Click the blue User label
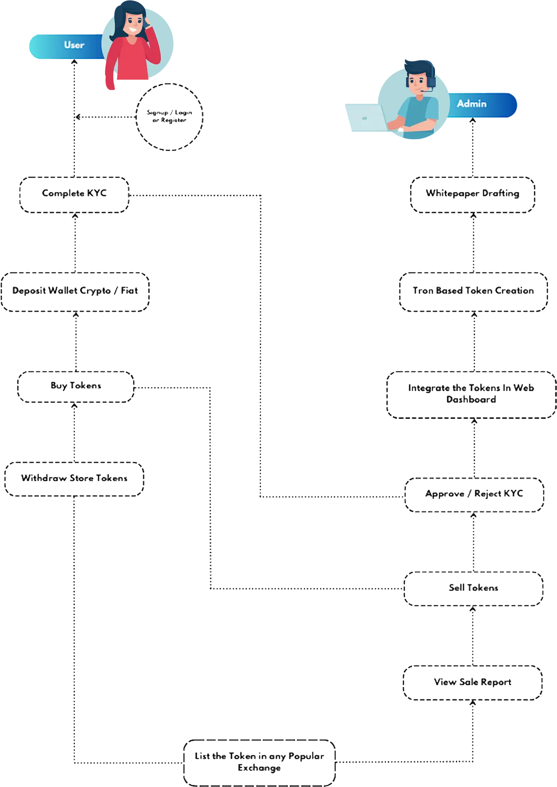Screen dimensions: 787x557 pyautogui.click(x=67, y=46)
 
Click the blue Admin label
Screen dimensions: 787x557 pyautogui.click(x=481, y=104)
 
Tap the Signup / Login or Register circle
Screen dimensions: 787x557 pyautogui.click(x=169, y=117)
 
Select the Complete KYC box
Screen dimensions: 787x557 pyautogui.click(x=74, y=194)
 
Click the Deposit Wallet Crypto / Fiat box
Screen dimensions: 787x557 pyautogui.click(x=75, y=292)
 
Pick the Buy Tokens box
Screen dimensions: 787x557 pyautogui.click(x=75, y=386)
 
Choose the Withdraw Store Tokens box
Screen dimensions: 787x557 pyautogui.click(x=74, y=479)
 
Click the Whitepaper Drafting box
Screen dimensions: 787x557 pyautogui.click(x=473, y=194)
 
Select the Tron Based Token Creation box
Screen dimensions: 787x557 pyautogui.click(x=473, y=292)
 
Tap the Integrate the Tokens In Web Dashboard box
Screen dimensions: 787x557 pyautogui.click(x=471, y=394)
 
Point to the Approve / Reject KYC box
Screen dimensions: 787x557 pyautogui.click(x=474, y=494)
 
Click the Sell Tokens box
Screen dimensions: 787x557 pyautogui.click(x=473, y=588)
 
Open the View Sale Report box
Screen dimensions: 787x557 pyautogui.click(x=473, y=683)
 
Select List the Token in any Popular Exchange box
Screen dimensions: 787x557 pyautogui.click(x=259, y=762)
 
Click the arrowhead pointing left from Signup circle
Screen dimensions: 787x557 pyautogui.click(x=78, y=117)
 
